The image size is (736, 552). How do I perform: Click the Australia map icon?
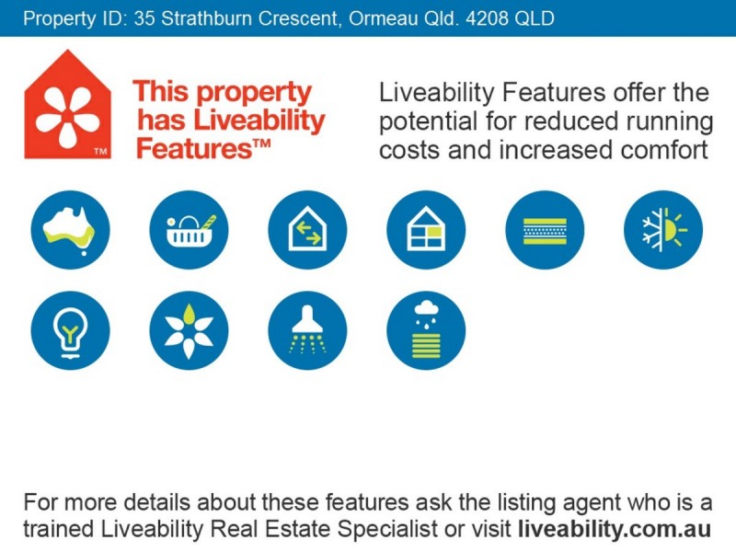[70, 230]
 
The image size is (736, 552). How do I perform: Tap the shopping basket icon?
[189, 230]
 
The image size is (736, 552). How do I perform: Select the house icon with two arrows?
[307, 230]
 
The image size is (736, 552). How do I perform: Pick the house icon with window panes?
[426, 230]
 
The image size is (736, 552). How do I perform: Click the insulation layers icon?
[545, 230]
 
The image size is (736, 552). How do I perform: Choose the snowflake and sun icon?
[663, 230]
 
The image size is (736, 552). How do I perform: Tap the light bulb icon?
[70, 330]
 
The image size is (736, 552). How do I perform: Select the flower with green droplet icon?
[189, 330]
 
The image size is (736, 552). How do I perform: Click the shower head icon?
[307, 330]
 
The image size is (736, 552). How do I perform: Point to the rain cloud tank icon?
[426, 330]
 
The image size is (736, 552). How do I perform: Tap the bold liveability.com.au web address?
[615, 530]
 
